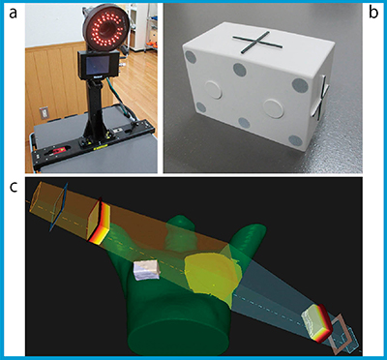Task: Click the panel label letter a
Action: pos(14,13)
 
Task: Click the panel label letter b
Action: pos(373,13)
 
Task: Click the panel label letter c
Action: pos(14,188)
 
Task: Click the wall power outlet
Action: pos(44,113)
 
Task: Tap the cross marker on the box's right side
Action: pos(320,96)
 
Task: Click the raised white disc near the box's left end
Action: pos(213,90)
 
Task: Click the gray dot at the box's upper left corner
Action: pos(192,58)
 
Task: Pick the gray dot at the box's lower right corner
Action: pos(296,140)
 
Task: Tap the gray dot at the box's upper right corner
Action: pos(300,85)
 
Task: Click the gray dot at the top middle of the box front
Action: pos(240,69)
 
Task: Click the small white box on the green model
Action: pos(147,270)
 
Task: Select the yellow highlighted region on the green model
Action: pos(212,277)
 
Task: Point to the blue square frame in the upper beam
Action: pos(58,207)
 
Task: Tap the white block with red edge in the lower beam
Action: pos(317,322)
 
